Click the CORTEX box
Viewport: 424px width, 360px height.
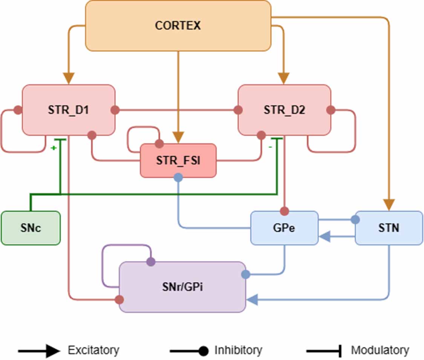tap(178, 26)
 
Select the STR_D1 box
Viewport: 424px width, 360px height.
tap(68, 110)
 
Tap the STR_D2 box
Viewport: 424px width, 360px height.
tap(285, 110)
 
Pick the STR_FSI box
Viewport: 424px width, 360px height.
tap(178, 161)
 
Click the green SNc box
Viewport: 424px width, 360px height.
tap(31, 228)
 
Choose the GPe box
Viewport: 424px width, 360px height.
tap(285, 228)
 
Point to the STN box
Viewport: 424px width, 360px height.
tap(389, 228)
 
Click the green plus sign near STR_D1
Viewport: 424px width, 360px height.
tap(54, 148)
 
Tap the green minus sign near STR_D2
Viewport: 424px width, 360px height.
tap(270, 147)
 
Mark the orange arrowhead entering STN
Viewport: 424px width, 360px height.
tap(389, 205)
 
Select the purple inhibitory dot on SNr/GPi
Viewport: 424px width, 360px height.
tap(150, 261)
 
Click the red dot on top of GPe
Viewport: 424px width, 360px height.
tap(285, 210)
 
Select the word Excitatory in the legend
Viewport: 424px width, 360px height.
tap(93, 350)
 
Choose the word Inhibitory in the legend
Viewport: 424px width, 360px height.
tap(238, 350)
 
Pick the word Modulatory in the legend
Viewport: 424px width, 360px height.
tap(380, 350)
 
